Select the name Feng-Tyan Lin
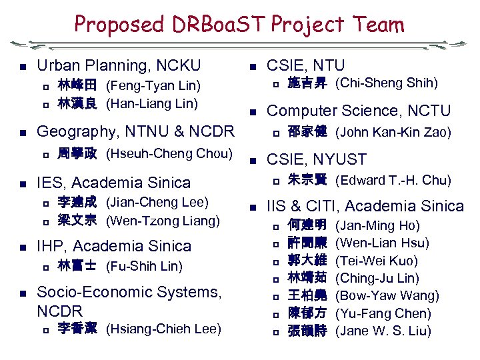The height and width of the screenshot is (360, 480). tap(153, 86)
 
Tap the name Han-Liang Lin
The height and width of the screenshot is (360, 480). tap(151, 103)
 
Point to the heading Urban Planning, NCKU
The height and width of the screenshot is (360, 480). tap(119, 65)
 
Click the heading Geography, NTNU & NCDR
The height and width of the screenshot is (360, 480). tap(135, 131)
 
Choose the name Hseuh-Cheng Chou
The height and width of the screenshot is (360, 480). tap(169, 153)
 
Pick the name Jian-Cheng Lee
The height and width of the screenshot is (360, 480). tap(157, 202)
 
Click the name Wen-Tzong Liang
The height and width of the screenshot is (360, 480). tap(162, 220)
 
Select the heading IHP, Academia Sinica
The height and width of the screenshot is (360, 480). tap(113, 245)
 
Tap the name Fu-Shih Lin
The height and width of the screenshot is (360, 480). tap(144, 267)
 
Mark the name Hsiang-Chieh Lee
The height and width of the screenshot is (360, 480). tap(163, 329)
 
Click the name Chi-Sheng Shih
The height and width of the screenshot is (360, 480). tap(386, 83)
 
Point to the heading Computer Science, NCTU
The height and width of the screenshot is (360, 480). tap(359, 111)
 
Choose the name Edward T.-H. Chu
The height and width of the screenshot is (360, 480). tap(393, 181)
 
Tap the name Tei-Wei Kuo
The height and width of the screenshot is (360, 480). tap(377, 261)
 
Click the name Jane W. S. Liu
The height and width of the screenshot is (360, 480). tap(383, 331)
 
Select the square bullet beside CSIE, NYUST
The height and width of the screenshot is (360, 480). tap(253, 160)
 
